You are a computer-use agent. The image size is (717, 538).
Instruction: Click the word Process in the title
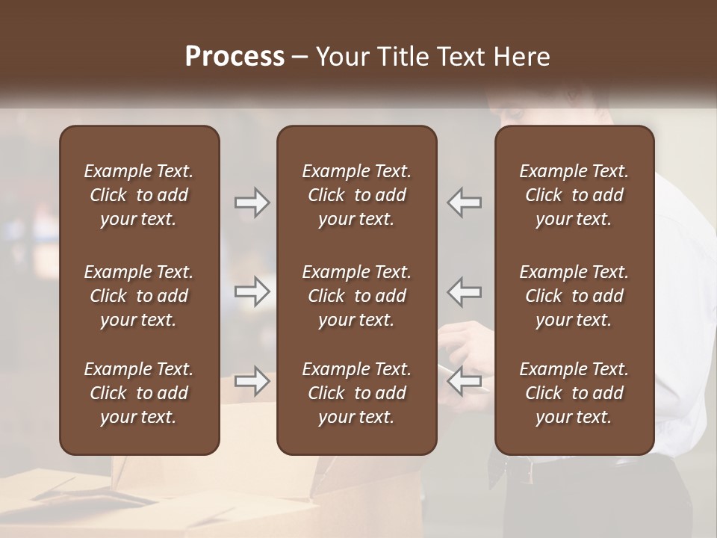click(235, 57)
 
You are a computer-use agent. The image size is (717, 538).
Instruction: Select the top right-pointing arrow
click(252, 202)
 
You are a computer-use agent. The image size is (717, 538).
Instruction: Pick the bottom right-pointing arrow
click(252, 381)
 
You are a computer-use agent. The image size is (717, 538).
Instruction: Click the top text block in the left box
click(139, 195)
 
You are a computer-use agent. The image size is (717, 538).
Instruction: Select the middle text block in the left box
click(139, 296)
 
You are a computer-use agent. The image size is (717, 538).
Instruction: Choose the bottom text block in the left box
click(139, 393)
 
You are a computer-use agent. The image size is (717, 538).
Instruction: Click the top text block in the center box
click(356, 195)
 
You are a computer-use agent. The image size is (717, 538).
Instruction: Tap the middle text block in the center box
click(356, 296)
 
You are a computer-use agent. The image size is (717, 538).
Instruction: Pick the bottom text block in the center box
click(356, 393)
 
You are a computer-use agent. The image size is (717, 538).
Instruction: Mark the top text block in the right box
click(574, 195)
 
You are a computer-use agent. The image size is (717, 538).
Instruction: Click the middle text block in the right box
click(574, 296)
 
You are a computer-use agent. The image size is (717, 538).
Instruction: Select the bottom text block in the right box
click(574, 393)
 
